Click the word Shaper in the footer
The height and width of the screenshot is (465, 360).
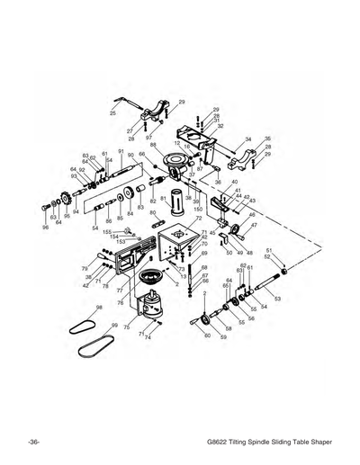click(317, 443)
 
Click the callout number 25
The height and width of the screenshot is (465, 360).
click(112, 114)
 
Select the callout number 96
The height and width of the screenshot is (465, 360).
click(45, 228)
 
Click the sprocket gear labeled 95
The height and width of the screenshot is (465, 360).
click(66, 208)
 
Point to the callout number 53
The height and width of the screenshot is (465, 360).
click(277, 298)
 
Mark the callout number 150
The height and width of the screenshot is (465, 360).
click(197, 210)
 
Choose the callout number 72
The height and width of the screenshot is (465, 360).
click(198, 219)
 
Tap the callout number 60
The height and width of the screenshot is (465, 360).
click(208, 335)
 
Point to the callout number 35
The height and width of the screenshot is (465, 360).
click(267, 139)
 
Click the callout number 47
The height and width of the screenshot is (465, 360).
click(254, 225)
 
